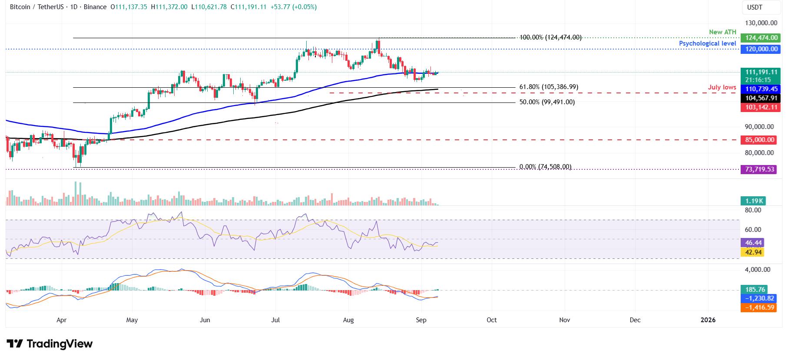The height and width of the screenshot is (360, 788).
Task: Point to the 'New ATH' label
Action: click(722, 32)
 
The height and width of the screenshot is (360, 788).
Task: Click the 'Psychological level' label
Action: click(707, 43)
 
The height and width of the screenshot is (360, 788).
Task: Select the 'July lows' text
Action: click(722, 87)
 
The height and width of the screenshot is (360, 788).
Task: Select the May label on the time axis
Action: click(132, 320)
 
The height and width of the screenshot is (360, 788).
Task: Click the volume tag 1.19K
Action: click(753, 201)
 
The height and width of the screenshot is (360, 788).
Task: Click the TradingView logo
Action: click(50, 344)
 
